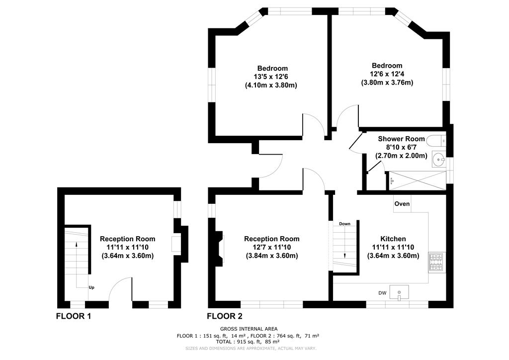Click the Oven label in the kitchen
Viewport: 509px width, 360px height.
tap(402, 204)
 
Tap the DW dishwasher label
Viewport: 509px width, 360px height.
tap(382, 293)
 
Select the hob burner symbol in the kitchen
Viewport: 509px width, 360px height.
tap(436, 262)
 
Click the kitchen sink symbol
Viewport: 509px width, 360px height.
tap(399, 292)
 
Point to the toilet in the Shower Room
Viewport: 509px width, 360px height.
tap(436, 142)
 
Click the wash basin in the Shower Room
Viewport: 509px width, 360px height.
tap(438, 159)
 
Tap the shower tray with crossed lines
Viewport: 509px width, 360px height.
tap(418, 180)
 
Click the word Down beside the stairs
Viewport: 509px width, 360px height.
tap(345, 224)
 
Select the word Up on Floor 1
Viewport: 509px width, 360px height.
tap(91, 287)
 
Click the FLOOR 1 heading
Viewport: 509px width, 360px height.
tap(74, 316)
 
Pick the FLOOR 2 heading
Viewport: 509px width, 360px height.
tap(225, 316)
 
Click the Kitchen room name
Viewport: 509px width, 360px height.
tap(393, 239)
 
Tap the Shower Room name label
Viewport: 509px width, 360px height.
tap(401, 139)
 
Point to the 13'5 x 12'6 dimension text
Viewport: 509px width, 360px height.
tap(271, 77)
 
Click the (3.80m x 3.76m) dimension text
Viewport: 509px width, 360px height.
tap(387, 83)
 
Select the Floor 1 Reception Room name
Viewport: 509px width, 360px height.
tap(128, 239)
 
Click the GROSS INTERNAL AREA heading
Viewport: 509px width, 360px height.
tap(249, 329)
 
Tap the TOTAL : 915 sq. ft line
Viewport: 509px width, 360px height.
tap(248, 342)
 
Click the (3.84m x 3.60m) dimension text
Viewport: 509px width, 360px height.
tap(272, 256)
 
